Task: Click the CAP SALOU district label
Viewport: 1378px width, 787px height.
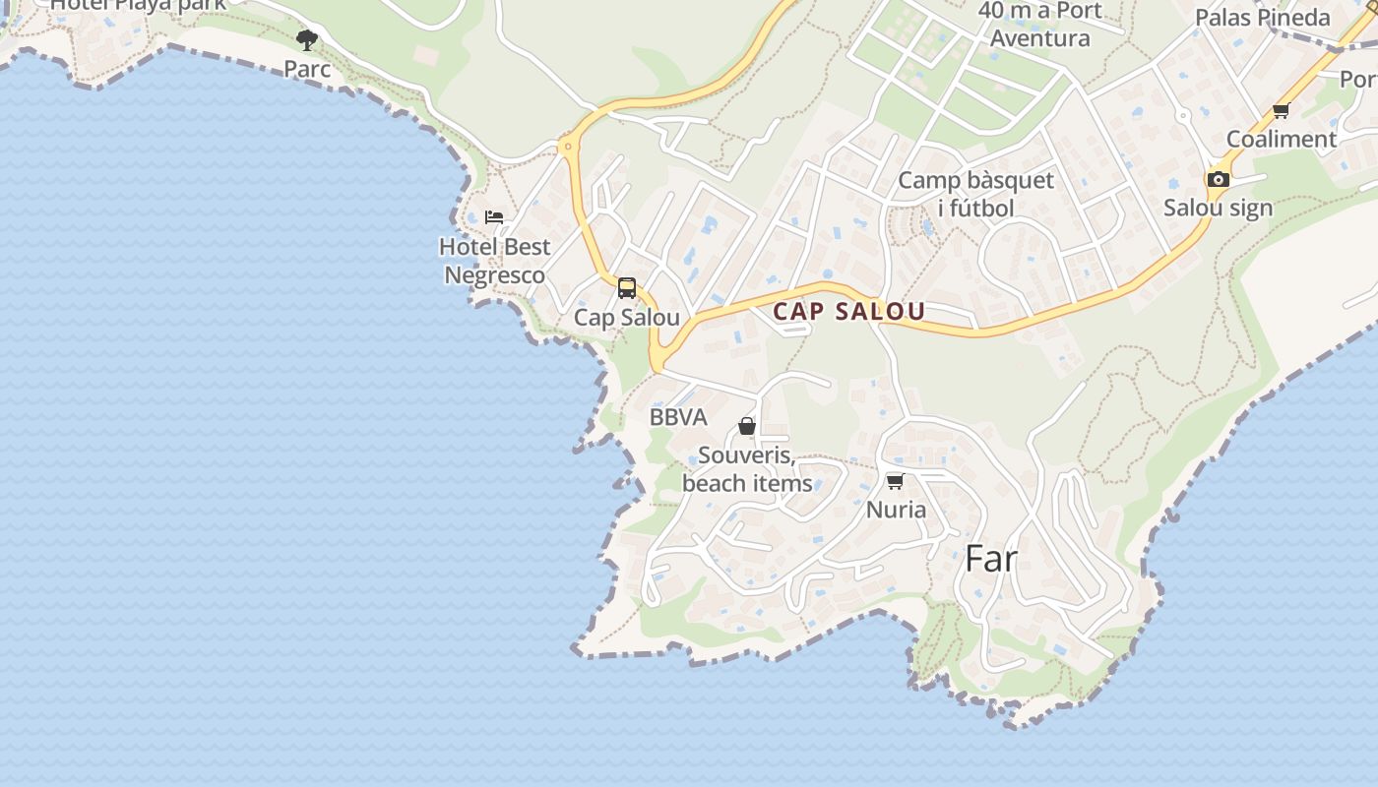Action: pyautogui.click(x=848, y=312)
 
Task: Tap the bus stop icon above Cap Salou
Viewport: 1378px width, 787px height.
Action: pyautogui.click(x=627, y=288)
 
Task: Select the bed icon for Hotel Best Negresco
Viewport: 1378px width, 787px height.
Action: pyautogui.click(x=494, y=217)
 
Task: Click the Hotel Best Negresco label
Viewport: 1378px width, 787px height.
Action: pyautogui.click(x=494, y=261)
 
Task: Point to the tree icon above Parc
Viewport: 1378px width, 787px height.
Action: pyautogui.click(x=307, y=40)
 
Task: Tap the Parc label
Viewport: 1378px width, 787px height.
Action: pyautogui.click(x=307, y=69)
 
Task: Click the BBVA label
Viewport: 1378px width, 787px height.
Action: pyautogui.click(x=678, y=417)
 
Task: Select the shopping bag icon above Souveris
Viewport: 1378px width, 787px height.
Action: pyautogui.click(x=747, y=426)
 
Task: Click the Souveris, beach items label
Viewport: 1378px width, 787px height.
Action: pyautogui.click(x=747, y=469)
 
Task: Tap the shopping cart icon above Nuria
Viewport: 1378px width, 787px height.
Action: pyautogui.click(x=895, y=481)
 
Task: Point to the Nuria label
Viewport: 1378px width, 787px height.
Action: pyautogui.click(x=896, y=510)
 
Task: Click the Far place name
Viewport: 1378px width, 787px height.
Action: pyautogui.click(x=990, y=559)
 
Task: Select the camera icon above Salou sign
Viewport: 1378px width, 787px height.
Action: pyautogui.click(x=1219, y=179)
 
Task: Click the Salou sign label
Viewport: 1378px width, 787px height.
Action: pyautogui.click(x=1218, y=208)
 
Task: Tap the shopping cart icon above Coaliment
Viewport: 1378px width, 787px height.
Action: pyautogui.click(x=1281, y=111)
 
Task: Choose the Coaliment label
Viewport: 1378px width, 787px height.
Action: pyautogui.click(x=1281, y=139)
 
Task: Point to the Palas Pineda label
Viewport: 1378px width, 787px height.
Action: pyautogui.click(x=1262, y=18)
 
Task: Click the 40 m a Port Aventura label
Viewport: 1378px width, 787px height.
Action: pyautogui.click(x=1039, y=25)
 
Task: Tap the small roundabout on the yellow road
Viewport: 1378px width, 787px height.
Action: pyautogui.click(x=567, y=148)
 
